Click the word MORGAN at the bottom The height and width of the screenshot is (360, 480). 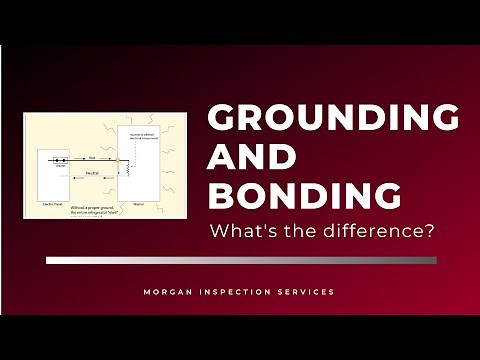coord(168,292)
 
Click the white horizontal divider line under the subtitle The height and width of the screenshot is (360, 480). coord(241,260)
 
